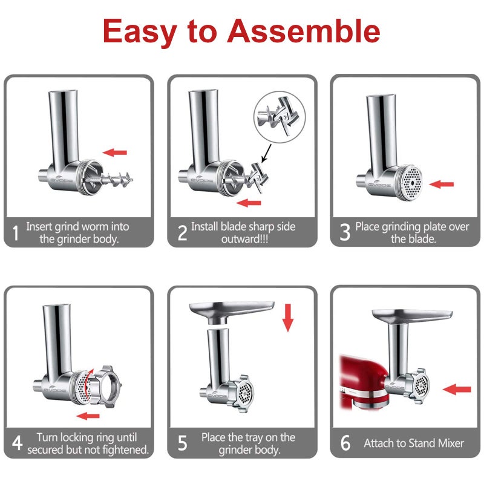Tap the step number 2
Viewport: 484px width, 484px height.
181,233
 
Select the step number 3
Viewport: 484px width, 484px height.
345,233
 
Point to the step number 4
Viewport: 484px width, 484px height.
17,443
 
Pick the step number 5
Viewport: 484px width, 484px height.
181,443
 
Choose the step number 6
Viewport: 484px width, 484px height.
345,443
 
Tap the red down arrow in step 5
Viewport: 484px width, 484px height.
287,318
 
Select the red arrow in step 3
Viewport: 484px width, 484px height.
445,183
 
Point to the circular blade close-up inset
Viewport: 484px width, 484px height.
276,116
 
